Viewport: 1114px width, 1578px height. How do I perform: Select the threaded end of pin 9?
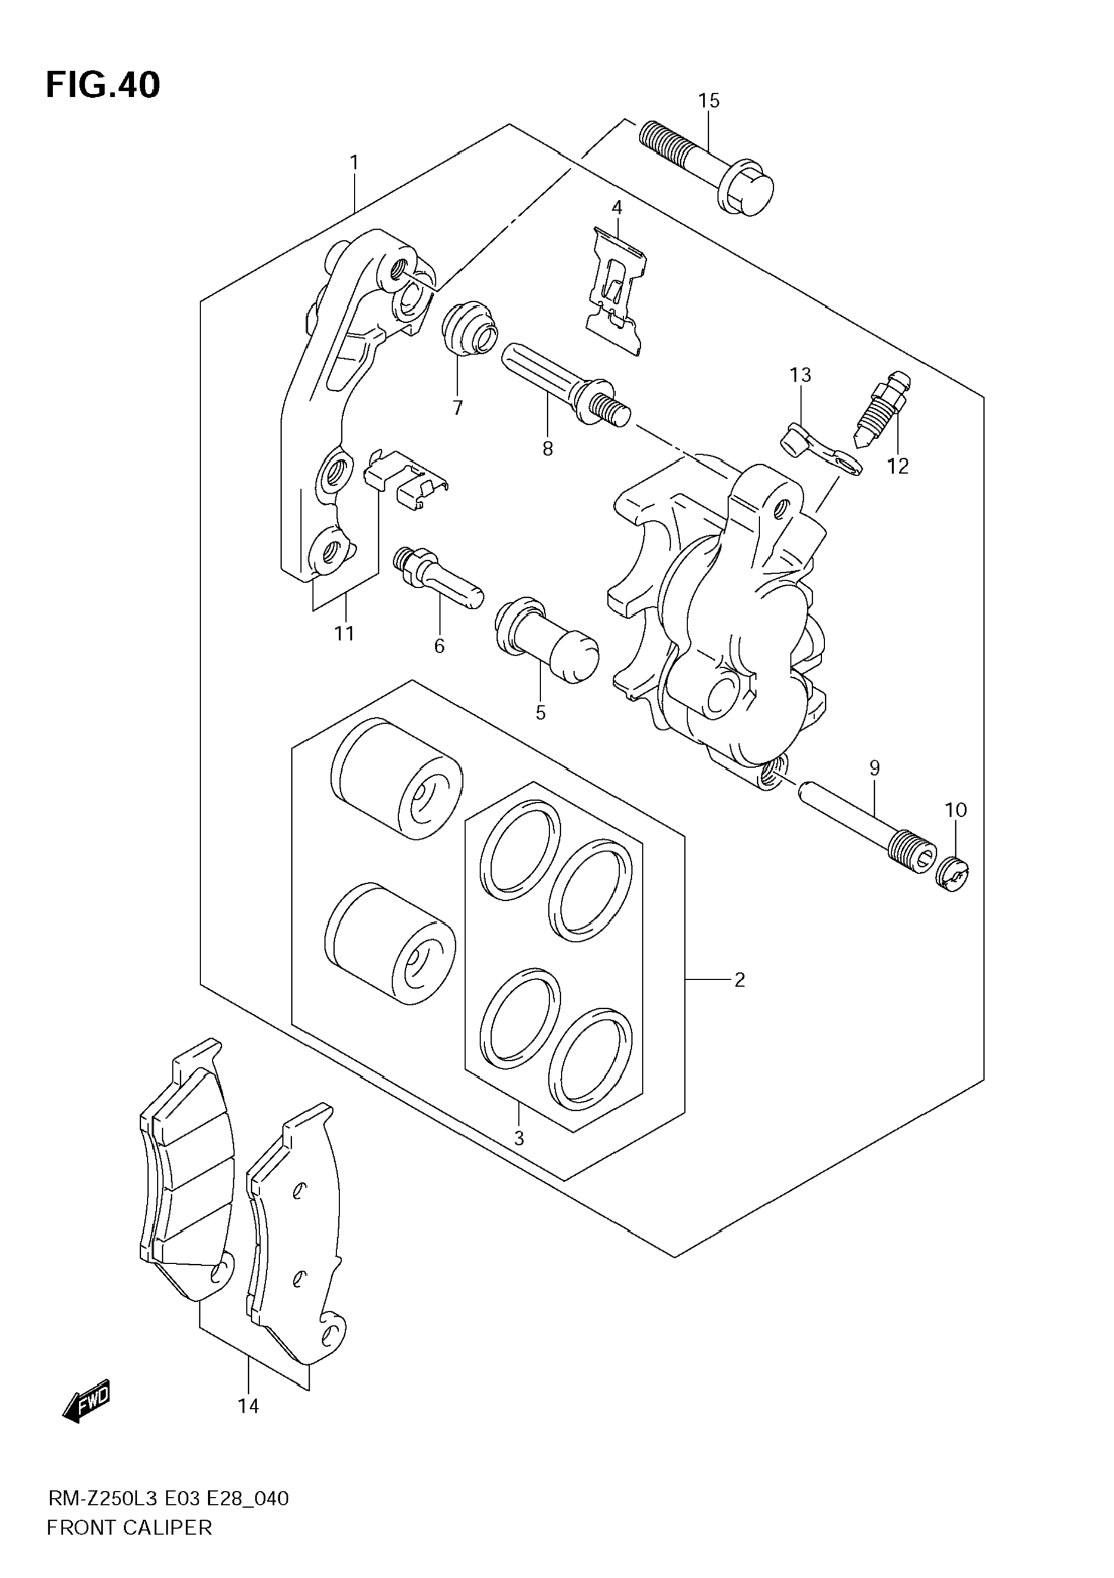[913, 855]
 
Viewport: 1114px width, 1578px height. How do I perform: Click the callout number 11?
[344, 633]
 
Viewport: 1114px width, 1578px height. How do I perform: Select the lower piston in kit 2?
[390, 943]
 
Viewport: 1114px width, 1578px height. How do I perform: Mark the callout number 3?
[519, 1138]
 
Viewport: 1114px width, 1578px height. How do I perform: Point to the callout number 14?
[248, 1406]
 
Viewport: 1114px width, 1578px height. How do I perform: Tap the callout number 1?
[354, 163]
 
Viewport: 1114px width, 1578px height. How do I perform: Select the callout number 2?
[739, 980]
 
